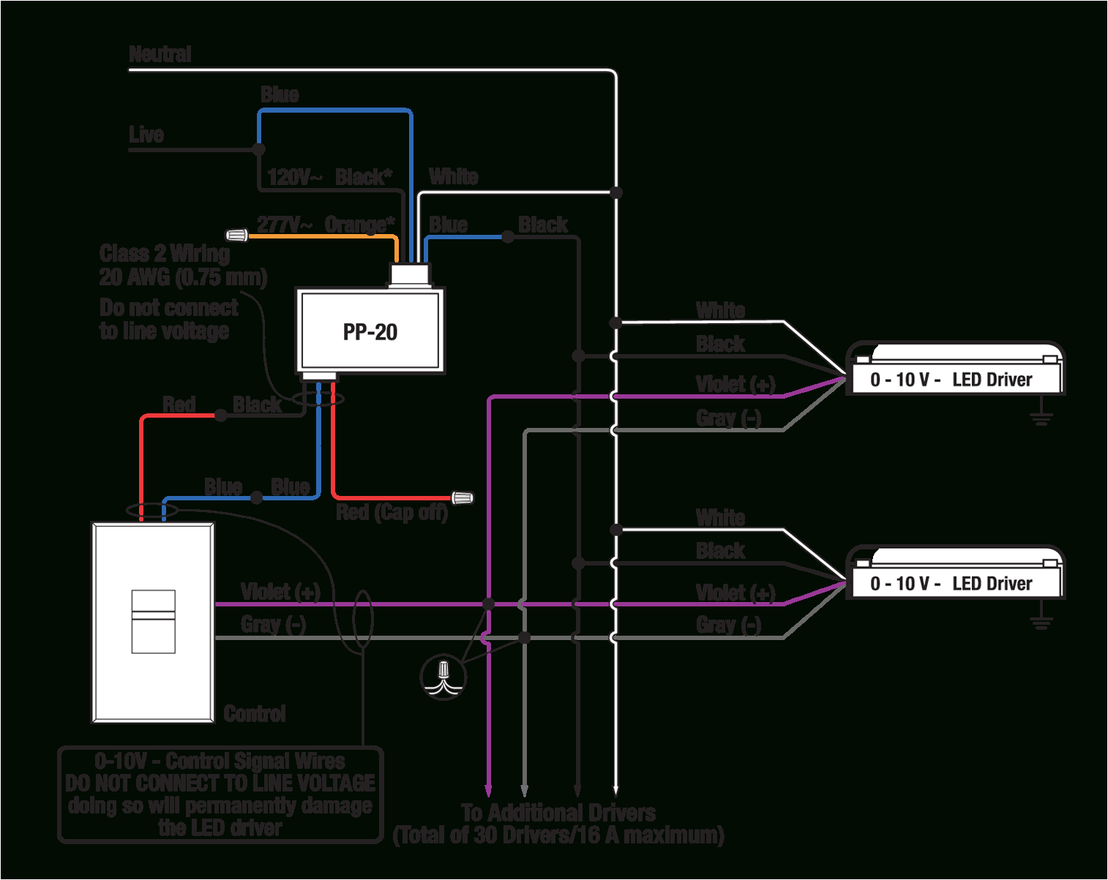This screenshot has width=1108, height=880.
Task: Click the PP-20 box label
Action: pyautogui.click(x=370, y=332)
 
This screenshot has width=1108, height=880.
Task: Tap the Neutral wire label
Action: pyautogui.click(x=160, y=54)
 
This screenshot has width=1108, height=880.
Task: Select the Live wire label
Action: pyautogui.click(x=146, y=135)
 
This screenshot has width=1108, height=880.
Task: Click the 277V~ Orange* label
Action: pyautogui.click(x=326, y=224)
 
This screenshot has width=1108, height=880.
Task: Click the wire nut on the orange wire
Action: pyautogui.click(x=236, y=235)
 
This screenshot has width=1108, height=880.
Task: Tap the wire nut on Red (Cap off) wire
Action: pyautogui.click(x=462, y=498)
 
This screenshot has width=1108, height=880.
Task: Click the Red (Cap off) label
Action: pyautogui.click(x=392, y=512)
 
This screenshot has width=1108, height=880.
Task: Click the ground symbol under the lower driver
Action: pyautogui.click(x=1041, y=621)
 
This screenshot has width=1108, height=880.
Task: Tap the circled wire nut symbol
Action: pyautogui.click(x=443, y=676)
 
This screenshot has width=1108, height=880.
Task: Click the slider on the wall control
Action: pyautogui.click(x=153, y=620)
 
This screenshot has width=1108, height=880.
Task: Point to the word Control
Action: pyautogui.click(x=254, y=714)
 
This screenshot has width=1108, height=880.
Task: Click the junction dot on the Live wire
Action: pyautogui.click(x=258, y=149)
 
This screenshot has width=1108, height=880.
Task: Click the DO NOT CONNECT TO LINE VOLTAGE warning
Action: pyautogui.click(x=220, y=783)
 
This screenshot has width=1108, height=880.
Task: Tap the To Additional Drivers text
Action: pyautogui.click(x=558, y=813)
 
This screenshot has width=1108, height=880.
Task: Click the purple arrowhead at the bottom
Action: pyautogui.click(x=488, y=790)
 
